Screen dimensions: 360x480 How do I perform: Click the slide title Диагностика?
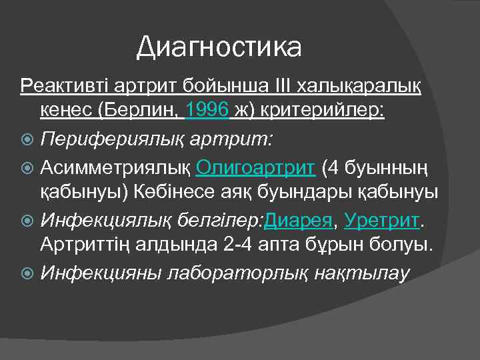[219, 47]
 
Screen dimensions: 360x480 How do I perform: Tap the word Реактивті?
[59, 85]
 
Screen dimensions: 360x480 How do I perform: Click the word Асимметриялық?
[117, 167]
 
